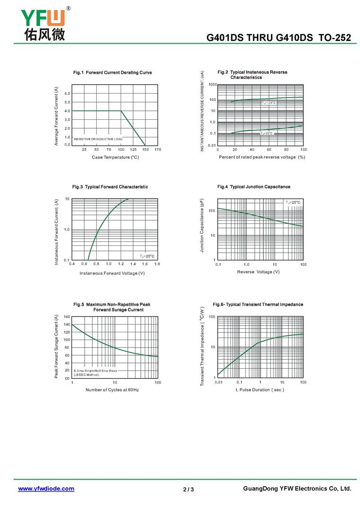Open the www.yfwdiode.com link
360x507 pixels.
(46, 489)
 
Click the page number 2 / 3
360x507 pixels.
(189, 489)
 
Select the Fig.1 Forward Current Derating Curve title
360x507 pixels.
(112, 72)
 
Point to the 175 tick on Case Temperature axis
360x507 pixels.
(157, 149)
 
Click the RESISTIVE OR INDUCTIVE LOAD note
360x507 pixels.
(98, 139)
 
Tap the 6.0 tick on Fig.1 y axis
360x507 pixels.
(67, 94)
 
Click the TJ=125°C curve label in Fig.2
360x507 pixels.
(269, 103)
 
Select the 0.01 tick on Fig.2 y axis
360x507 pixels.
(212, 145)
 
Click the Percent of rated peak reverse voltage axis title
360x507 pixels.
(262, 157)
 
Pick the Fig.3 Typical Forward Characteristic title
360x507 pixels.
(110, 187)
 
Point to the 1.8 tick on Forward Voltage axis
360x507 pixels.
(157, 264)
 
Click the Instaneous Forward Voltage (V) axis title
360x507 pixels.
(112, 273)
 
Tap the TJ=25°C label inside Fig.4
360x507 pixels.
(293, 203)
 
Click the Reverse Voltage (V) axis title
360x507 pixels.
(258, 272)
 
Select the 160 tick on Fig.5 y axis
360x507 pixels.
(67, 317)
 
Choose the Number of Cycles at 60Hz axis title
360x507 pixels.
(112, 389)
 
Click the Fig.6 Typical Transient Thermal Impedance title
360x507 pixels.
(258, 305)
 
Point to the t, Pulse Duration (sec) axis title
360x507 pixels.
(260, 389)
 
